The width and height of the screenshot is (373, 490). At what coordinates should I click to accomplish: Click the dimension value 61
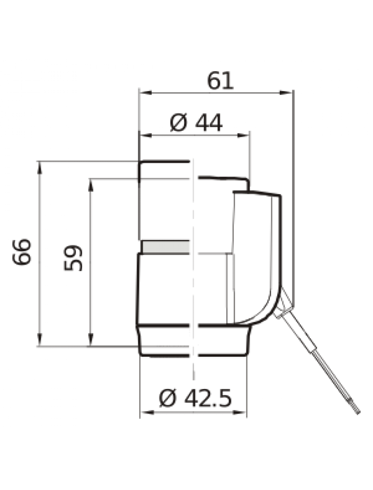point(220,81)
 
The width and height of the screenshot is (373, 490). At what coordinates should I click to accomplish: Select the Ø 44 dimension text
point(196,122)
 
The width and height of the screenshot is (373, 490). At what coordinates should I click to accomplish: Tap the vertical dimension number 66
point(22,252)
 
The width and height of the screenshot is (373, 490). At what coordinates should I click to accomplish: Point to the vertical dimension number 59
point(73,258)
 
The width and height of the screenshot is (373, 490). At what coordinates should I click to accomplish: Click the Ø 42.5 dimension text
point(195,398)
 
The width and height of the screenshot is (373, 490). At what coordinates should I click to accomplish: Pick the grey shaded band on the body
point(166,247)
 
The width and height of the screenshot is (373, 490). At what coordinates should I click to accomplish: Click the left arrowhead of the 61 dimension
point(145,93)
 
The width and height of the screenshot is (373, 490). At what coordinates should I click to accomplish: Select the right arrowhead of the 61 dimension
point(286,93)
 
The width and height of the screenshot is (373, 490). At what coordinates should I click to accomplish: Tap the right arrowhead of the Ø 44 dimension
point(243,135)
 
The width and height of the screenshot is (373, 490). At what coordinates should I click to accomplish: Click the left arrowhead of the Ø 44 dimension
point(145,135)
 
